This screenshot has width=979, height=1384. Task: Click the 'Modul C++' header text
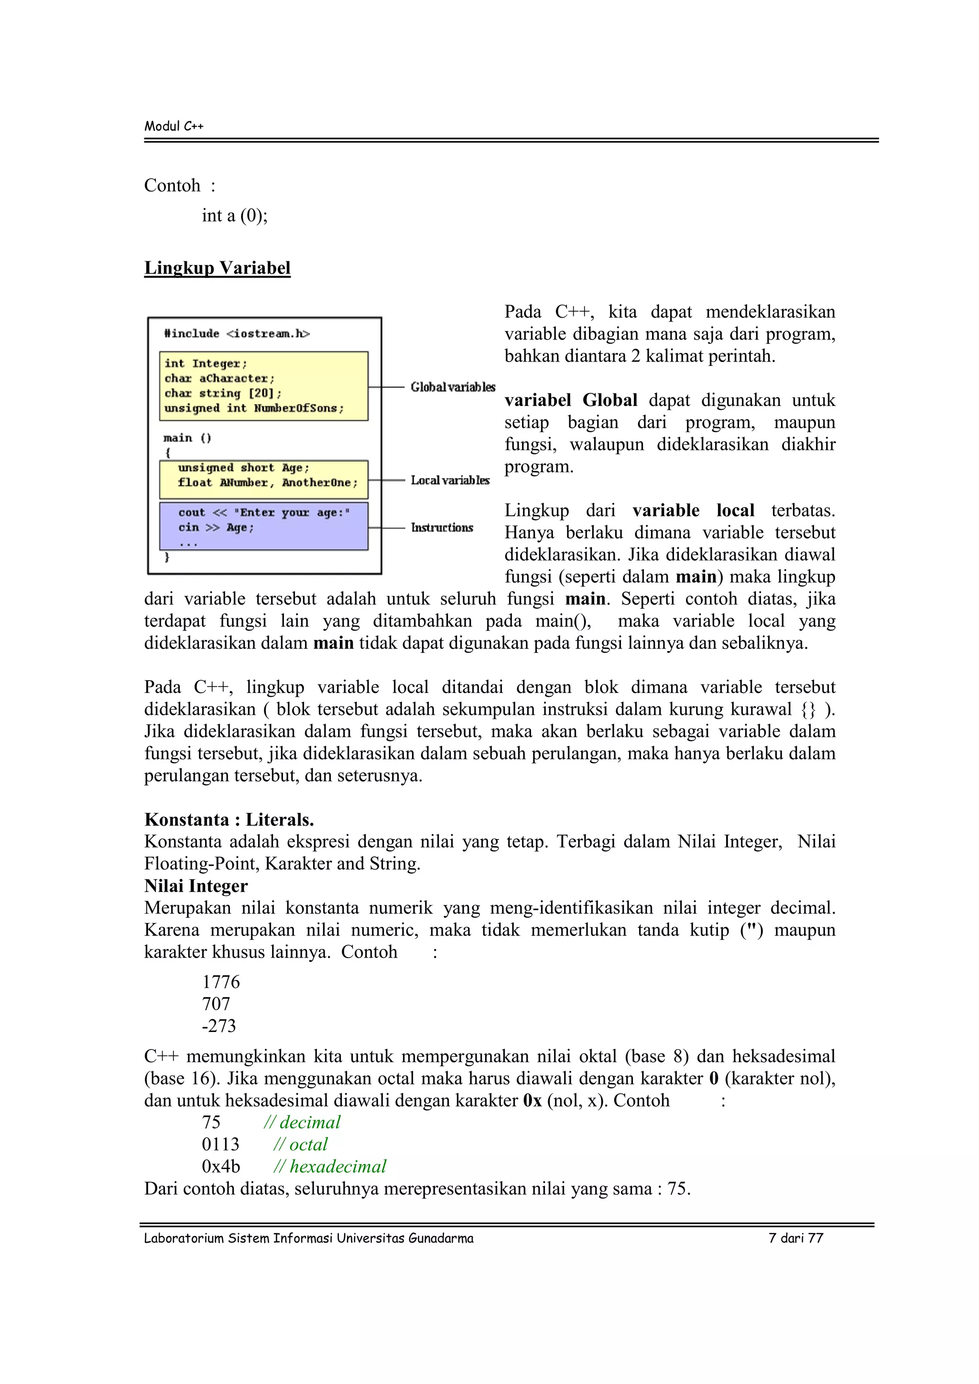174,126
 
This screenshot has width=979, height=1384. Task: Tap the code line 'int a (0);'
235,215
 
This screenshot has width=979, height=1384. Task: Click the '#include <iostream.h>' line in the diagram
237,333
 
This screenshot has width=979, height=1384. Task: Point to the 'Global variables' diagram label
453,387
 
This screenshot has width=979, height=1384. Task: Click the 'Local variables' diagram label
450,480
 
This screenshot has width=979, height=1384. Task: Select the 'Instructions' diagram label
442,527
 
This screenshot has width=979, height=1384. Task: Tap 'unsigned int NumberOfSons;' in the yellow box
254,408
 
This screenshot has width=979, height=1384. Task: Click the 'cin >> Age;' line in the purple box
216,527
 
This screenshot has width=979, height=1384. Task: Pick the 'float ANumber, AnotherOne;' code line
267,482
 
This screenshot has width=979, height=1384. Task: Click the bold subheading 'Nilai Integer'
196,885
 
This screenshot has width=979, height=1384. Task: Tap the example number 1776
221,982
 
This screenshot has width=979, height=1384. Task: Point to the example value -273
219,1026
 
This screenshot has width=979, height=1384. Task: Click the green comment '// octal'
300,1144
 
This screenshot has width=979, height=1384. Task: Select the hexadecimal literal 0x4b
221,1166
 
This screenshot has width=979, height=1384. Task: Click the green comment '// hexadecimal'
330,1166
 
